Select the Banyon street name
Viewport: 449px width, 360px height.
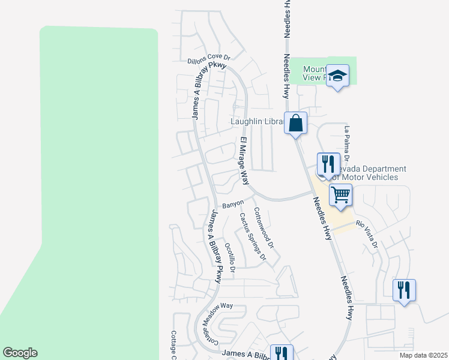[x=233, y=205]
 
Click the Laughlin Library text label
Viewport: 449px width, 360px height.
[x=257, y=122]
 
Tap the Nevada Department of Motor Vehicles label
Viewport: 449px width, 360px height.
[x=367, y=173]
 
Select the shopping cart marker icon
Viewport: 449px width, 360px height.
[x=340, y=194]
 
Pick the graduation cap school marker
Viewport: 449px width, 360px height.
[x=338, y=76]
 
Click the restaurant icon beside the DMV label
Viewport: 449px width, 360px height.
[x=328, y=163]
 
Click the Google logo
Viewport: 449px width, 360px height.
[x=20, y=353]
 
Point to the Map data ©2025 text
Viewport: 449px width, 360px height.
[x=423, y=355]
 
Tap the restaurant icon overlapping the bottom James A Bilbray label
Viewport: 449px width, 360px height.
[x=280, y=353]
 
